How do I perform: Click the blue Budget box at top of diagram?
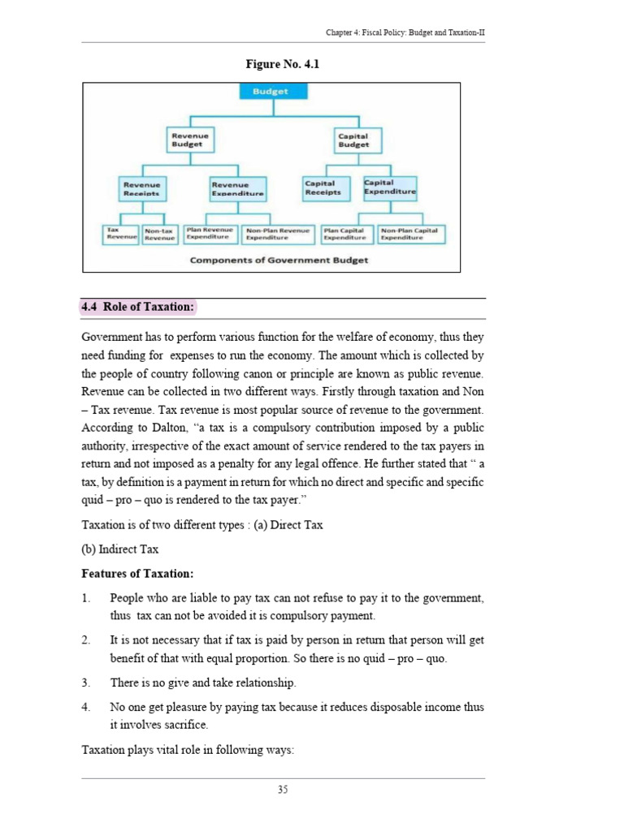tap(271, 92)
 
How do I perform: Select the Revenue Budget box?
tap(189, 140)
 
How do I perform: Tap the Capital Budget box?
tap(353, 140)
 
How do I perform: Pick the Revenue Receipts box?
tap(141, 189)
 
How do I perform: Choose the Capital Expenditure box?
tap(389, 188)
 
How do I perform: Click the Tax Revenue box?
tap(119, 235)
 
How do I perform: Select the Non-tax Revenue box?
tap(160, 235)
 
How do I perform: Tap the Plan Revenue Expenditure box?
tap(210, 235)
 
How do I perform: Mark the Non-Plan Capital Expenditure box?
tap(409, 235)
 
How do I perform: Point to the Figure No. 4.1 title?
tap(271, 64)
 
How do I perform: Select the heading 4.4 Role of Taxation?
tap(138, 307)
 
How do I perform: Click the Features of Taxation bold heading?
tap(137, 574)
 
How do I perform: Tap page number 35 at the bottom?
tap(283, 790)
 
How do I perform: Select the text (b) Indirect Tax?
tap(120, 549)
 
